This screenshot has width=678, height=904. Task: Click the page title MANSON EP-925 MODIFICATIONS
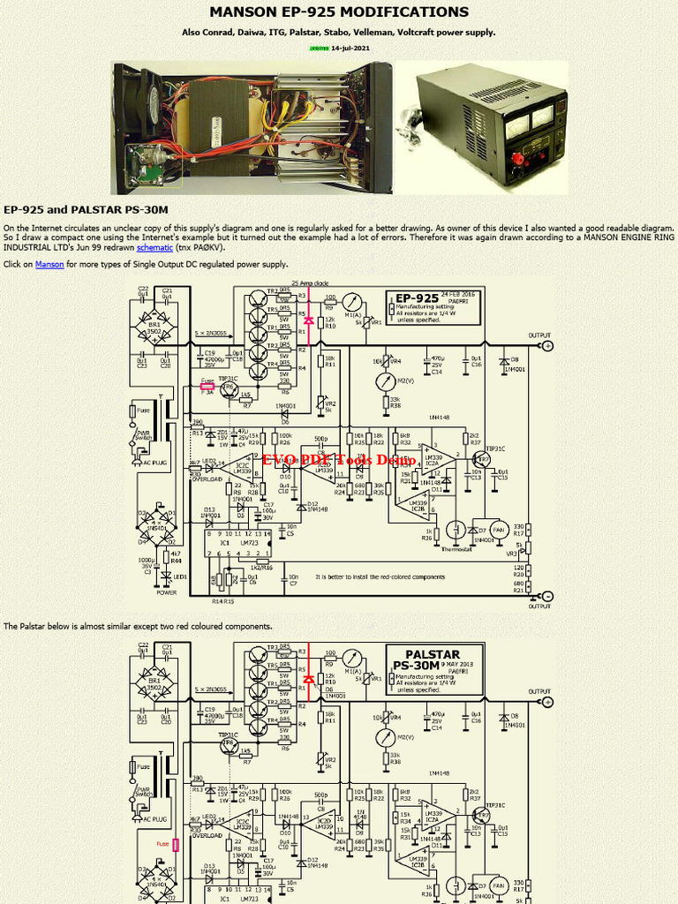[339, 12]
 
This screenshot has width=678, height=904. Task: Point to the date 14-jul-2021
[350, 49]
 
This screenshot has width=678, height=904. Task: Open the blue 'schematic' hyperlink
[154, 248]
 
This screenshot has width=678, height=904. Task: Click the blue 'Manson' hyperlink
[49, 264]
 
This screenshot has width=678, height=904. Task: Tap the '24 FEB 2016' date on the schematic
[459, 294]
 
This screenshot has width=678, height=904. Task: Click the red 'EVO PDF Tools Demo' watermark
[339, 460]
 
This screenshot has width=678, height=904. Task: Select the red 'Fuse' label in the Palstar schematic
[163, 844]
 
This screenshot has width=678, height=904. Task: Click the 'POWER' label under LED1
[166, 592]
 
